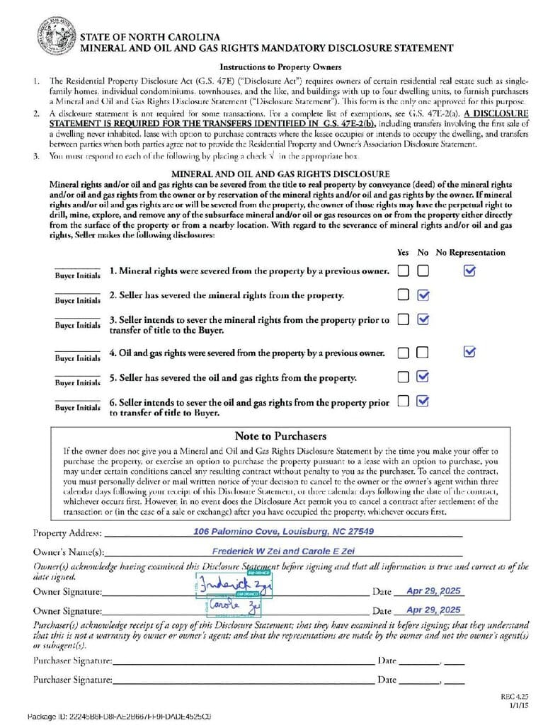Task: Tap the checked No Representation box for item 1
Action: [469, 270]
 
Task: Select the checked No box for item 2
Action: [423, 295]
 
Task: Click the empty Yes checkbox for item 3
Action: [403, 319]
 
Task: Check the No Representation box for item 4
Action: [469, 352]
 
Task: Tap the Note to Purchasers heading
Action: [280, 435]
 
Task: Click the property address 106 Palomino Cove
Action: [283, 532]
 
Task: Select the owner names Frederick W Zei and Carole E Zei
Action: [283, 551]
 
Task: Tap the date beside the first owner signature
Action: [433, 590]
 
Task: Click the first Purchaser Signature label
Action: [72, 661]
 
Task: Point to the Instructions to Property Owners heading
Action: [280, 67]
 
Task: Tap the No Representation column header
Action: [470, 252]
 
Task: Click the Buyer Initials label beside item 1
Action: [78, 275]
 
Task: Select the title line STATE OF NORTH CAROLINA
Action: [149, 36]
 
